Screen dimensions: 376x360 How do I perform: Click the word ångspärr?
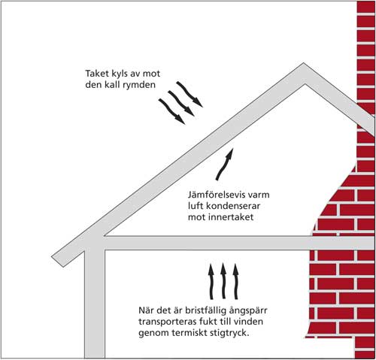[x=248, y=311]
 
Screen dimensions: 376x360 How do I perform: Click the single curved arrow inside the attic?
[x=225, y=164]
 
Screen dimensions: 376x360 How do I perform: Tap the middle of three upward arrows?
[x=223, y=280]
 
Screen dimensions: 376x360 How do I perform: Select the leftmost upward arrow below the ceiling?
[x=211, y=281]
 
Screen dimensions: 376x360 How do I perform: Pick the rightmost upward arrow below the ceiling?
[x=235, y=281]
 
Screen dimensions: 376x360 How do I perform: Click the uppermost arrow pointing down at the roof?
[x=190, y=94]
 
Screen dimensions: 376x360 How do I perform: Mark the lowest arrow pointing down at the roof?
[x=171, y=111]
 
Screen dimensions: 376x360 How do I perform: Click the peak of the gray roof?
[x=304, y=63]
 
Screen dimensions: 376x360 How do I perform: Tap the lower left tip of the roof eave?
[x=52, y=257]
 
